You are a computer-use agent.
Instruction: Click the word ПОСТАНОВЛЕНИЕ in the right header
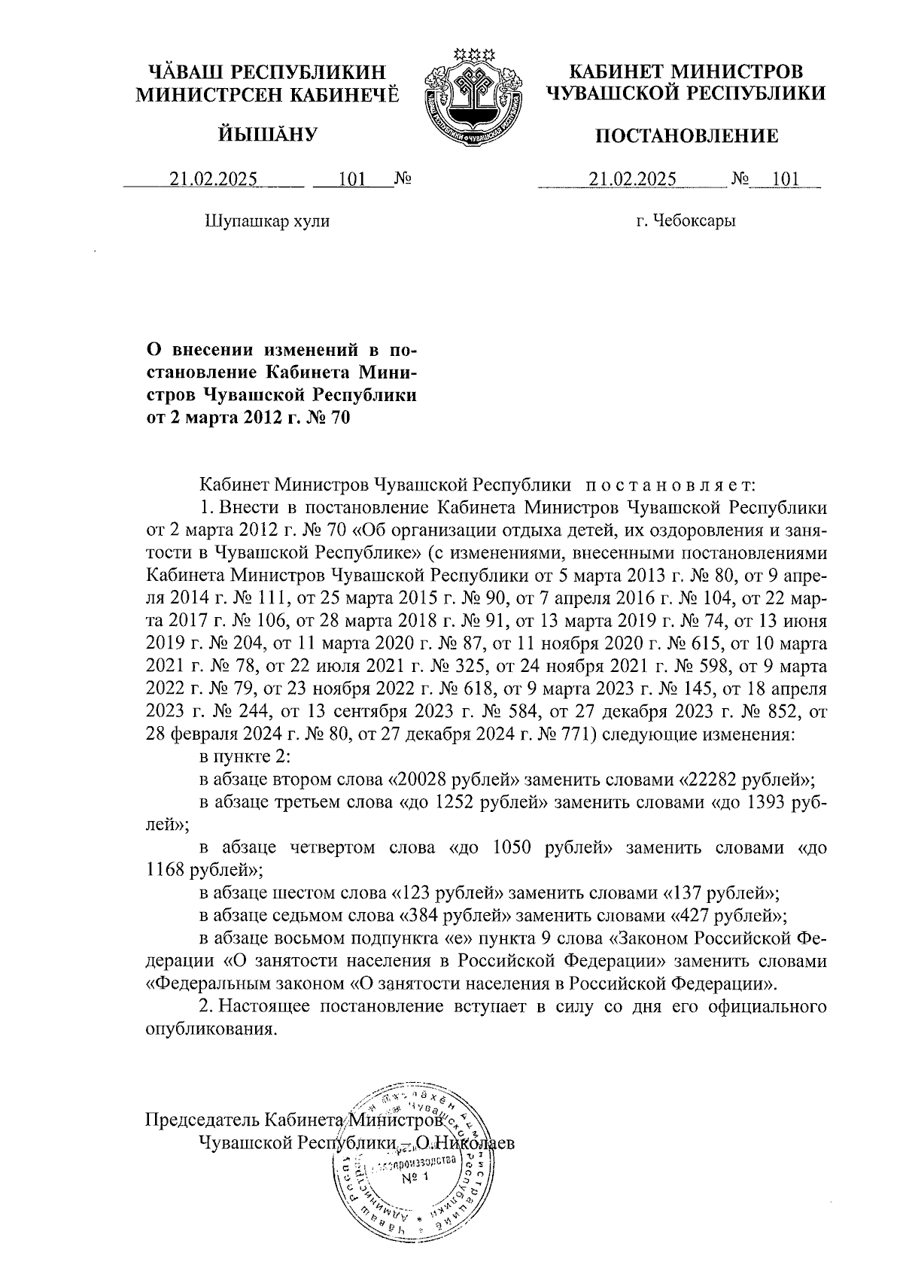687,136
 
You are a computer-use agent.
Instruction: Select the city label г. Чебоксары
685,221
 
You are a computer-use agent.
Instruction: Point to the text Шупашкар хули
267,221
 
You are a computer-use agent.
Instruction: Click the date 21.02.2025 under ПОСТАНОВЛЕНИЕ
633,179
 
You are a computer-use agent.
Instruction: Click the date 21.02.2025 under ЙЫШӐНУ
214,179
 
